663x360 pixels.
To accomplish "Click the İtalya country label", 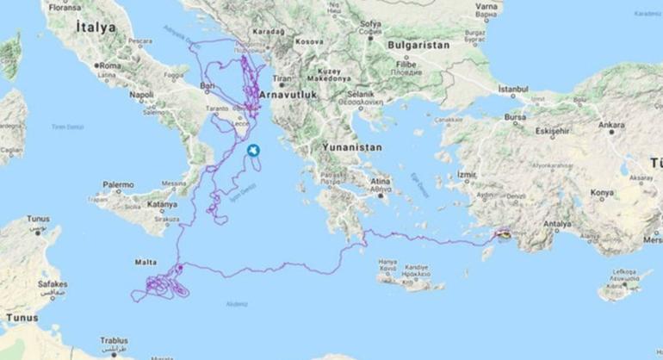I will pyautogui.click(x=95, y=28).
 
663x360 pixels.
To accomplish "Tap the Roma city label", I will pyautogui.click(x=109, y=65).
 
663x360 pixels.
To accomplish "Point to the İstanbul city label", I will pyautogui.click(x=511, y=89).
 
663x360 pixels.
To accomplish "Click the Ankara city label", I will pyautogui.click(x=611, y=125).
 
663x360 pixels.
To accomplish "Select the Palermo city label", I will pyautogui.click(x=118, y=184).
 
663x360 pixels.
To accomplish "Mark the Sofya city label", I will pyautogui.click(x=370, y=23).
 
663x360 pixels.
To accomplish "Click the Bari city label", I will pyautogui.click(x=206, y=86).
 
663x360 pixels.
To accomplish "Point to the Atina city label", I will pyautogui.click(x=380, y=181).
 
